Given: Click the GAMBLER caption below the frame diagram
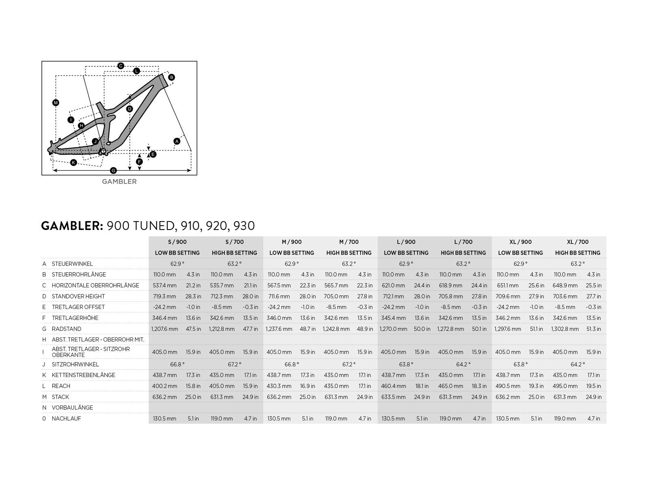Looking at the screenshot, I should pyautogui.click(x=119, y=181).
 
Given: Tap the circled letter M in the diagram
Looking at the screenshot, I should pyautogui.click(x=56, y=102).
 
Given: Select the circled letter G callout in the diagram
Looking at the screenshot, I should pyautogui.click(x=113, y=170).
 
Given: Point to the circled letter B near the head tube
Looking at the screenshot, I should pyautogui.click(x=171, y=77).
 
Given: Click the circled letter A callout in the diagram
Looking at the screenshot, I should pyautogui.click(x=177, y=141).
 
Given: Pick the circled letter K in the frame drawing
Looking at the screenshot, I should pyautogui.click(x=73, y=162).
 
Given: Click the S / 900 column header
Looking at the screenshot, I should pyautogui.click(x=177, y=242).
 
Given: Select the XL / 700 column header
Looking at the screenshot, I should pyautogui.click(x=578, y=242).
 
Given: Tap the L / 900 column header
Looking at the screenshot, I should pyautogui.click(x=406, y=242).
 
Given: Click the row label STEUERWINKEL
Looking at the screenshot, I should pyautogui.click(x=72, y=264).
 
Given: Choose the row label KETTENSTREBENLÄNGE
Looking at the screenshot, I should pyautogui.click(x=83, y=375).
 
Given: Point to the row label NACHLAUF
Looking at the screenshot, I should pyautogui.click(x=66, y=418).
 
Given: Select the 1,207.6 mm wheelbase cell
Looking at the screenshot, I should pyautogui.click(x=164, y=329).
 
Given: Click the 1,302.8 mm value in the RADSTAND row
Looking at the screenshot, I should pyautogui.click(x=565, y=329).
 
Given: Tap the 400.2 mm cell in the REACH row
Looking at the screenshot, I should pyautogui.click(x=164, y=386).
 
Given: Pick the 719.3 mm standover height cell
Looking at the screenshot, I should pyautogui.click(x=164, y=296).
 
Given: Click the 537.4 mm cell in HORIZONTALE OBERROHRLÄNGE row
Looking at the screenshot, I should pyautogui.click(x=164, y=286).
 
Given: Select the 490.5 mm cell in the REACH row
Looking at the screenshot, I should pyautogui.click(x=508, y=386).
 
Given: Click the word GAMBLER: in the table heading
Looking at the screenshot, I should pyautogui.click(x=72, y=226).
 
